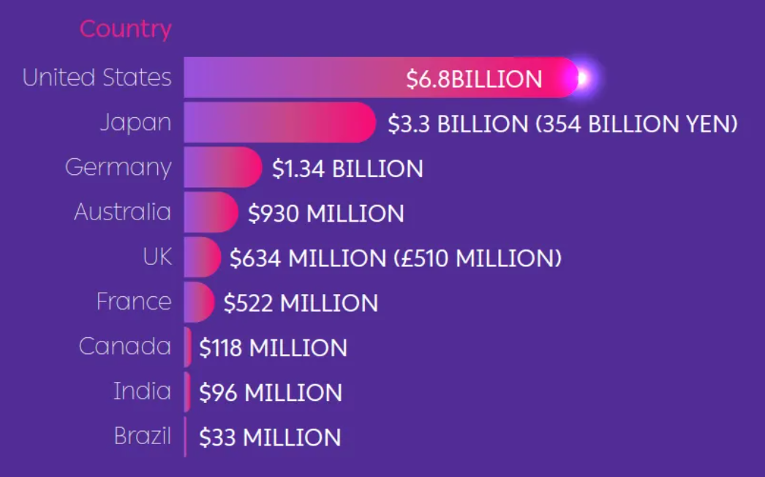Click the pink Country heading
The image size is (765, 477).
pos(125,29)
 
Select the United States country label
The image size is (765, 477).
pos(97,78)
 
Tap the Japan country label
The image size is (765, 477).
pos(135,122)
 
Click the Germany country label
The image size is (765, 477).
pos(118,167)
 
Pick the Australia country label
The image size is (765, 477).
pos(122,212)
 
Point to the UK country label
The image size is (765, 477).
pos(157,257)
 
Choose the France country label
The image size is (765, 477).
pos(134,301)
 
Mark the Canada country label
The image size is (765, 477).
pos(124,346)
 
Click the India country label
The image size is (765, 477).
pos(142,391)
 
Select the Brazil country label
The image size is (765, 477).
pos(142,437)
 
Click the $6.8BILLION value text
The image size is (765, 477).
pos(474,79)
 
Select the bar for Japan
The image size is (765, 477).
pos(278,122)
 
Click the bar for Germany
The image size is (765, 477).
pos(222,167)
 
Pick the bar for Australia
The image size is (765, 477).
pos(211,212)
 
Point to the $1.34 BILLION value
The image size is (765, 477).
pos(347,169)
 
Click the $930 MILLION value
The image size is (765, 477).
pos(325,214)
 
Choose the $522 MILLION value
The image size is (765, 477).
pos(301,303)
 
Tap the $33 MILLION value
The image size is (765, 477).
pos(270,437)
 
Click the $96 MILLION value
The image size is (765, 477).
pos(271,393)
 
